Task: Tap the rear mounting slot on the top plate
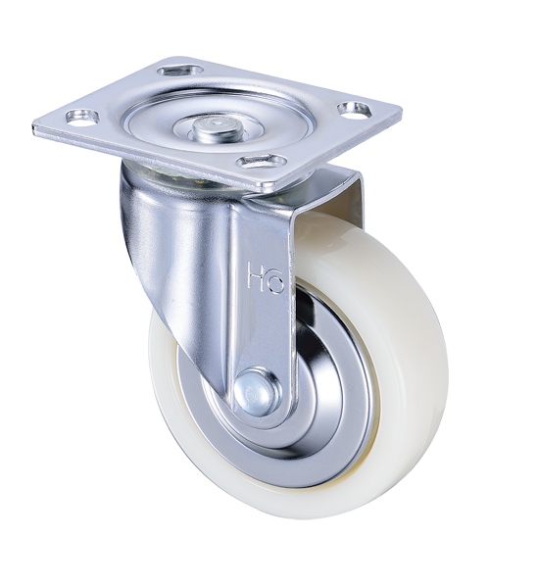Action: pyautogui.click(x=180, y=71)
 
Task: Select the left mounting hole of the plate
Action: pyautogui.click(x=82, y=115)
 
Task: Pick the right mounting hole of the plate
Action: pyautogui.click(x=355, y=108)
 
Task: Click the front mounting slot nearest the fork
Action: pyautogui.click(x=262, y=162)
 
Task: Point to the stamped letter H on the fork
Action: pyautogui.click(x=256, y=274)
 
